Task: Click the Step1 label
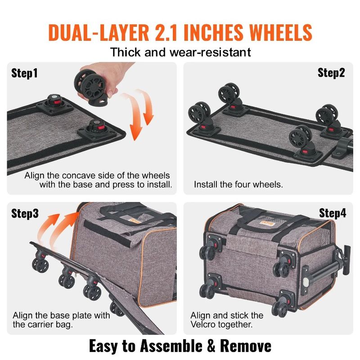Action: pyautogui.click(x=25, y=73)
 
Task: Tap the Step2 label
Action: pyautogui.click(x=332, y=73)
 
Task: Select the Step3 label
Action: pyautogui.click(x=25, y=213)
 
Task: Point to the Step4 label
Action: pyautogui.click(x=333, y=213)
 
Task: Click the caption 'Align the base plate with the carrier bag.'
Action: pyautogui.click(x=61, y=320)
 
